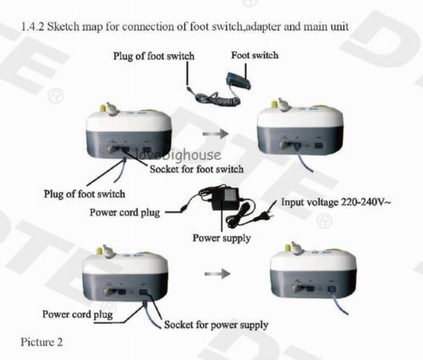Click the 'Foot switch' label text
tap(255, 55)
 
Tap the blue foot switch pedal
tap(238, 80)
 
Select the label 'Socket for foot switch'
tap(196, 169)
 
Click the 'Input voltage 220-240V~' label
tap(336, 202)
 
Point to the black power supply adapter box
tap(225, 199)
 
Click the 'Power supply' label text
tap(222, 238)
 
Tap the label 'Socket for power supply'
tap(216, 325)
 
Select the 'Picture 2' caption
tap(41, 342)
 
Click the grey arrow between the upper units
tap(216, 134)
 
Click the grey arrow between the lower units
tap(217, 274)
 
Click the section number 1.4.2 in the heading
tap(33, 27)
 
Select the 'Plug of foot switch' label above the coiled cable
tap(154, 56)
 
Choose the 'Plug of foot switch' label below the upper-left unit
tap(85, 194)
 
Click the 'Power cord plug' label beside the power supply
tap(125, 212)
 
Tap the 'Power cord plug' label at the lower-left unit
tap(78, 314)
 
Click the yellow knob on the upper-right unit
tap(274, 104)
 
